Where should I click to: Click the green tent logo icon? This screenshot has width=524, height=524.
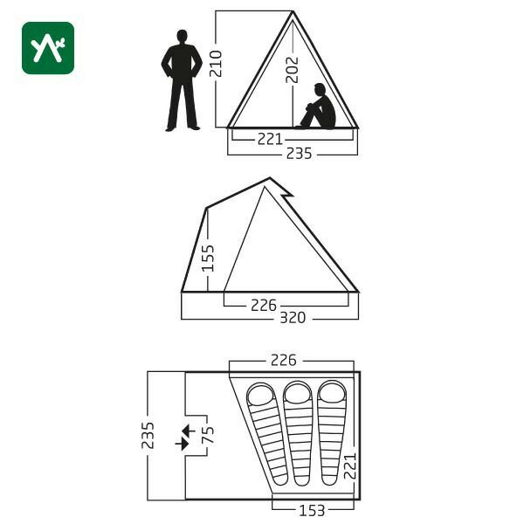pyautogui.click(x=48, y=48)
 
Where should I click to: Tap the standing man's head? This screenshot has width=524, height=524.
pyautogui.click(x=183, y=36)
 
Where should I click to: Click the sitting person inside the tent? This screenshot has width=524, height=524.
pyautogui.click(x=317, y=107)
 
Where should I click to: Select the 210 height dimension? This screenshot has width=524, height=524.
pyautogui.click(x=216, y=64)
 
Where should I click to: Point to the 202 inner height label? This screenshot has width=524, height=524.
pyautogui.click(x=292, y=70)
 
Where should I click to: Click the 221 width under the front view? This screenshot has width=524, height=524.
pyautogui.click(x=270, y=139)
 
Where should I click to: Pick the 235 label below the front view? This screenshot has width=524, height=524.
pyautogui.click(x=299, y=154)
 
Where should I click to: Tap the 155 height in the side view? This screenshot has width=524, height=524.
pyautogui.click(x=208, y=258)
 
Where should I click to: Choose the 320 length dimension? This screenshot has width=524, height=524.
pyautogui.click(x=293, y=318)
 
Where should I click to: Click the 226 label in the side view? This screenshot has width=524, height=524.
pyautogui.click(x=264, y=305)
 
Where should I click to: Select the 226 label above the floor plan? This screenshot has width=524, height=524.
pyautogui.click(x=283, y=360)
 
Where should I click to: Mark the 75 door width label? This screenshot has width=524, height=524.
pyautogui.click(x=208, y=435)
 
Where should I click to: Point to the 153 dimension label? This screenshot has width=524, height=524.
pyautogui.click(x=312, y=511)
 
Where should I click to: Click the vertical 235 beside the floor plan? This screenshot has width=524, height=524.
pyautogui.click(x=148, y=435)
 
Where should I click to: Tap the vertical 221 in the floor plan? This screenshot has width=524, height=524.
pyautogui.click(x=350, y=466)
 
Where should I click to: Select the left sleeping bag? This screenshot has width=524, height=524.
pyautogui.click(x=267, y=434)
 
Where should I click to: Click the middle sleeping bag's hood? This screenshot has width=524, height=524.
pyautogui.click(x=298, y=393)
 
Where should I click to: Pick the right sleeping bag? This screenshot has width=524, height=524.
pyautogui.click(x=332, y=433)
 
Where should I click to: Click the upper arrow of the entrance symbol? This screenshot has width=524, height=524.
pyautogui.click(x=188, y=431)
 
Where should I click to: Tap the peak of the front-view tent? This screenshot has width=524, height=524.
pyautogui.click(x=293, y=11)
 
